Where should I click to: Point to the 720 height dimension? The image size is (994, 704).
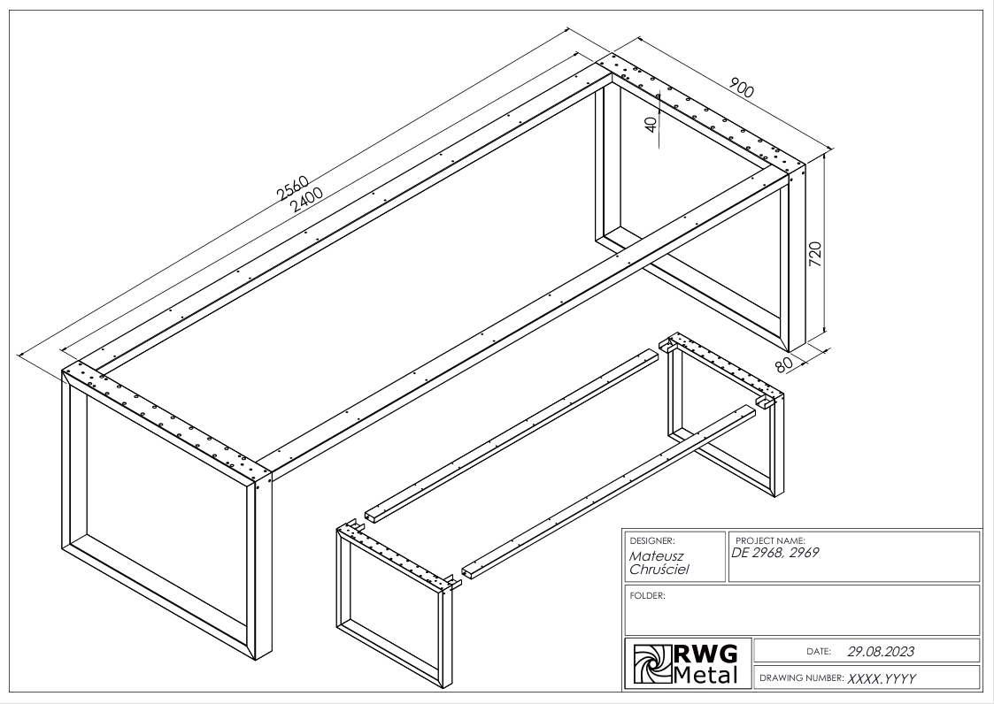coord(816,254)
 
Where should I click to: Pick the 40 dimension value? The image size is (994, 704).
coord(652,125)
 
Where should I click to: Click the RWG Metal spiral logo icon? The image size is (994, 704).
coord(649,664)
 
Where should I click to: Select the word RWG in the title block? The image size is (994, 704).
coord(706,655)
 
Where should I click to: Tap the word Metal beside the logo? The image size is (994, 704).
coord(706,676)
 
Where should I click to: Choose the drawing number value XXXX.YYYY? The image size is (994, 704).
coord(882,678)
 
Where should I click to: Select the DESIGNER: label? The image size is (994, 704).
coord(652,539)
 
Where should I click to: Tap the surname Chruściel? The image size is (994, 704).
coord(659,570)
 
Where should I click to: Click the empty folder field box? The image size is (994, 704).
coord(802,616)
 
